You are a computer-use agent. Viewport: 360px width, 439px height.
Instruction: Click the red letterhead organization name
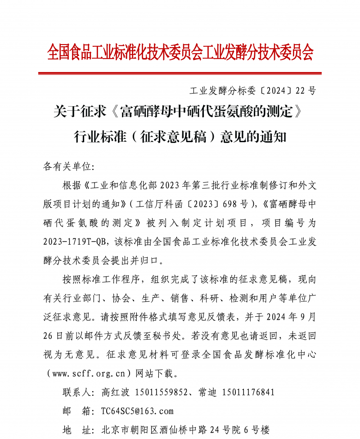coord(180,53)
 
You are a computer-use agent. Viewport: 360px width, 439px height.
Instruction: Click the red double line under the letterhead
coord(180,73)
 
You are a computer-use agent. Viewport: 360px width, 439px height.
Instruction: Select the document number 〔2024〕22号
coord(288,90)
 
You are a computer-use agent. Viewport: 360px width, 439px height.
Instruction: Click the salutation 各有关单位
coord(68,166)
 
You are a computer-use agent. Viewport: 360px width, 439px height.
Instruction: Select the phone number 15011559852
coord(161,392)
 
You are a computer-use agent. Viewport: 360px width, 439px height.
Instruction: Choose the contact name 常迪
coord(207,392)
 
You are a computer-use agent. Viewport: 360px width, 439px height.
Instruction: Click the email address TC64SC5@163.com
coord(137,411)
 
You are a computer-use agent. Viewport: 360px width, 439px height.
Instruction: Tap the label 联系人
coord(77,392)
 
